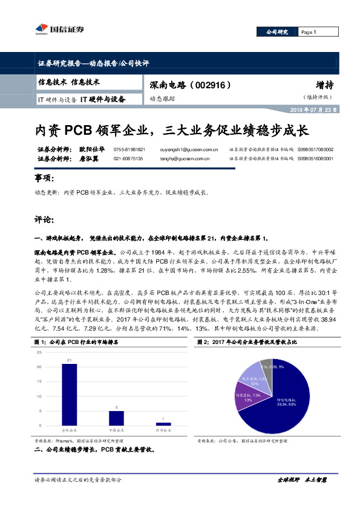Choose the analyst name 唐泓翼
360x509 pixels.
tap(90, 158)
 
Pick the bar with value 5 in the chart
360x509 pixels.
tap(116, 418)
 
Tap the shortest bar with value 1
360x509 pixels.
tap(163, 424)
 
